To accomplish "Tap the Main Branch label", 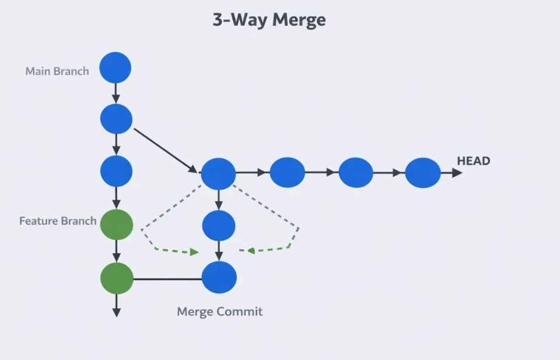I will [57, 71].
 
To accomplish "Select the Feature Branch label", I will [58, 221].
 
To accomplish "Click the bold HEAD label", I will [473, 161].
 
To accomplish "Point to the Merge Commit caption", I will [220, 312].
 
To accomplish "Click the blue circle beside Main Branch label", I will [115, 68].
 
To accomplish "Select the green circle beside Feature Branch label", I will [117, 225].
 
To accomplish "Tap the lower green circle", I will [117, 278].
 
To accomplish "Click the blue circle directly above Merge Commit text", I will [219, 278].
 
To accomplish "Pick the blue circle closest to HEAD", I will [423, 173].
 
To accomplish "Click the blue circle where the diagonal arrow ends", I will [218, 173].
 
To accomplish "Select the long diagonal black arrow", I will [165, 150].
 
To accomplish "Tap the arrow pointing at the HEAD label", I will [452, 173].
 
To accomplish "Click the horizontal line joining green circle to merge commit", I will [167, 279].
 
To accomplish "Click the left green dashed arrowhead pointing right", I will [194, 252].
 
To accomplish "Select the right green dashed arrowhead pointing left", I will [251, 251].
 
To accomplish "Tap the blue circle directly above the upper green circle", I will [116, 172].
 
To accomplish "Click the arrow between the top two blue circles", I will [116, 93].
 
